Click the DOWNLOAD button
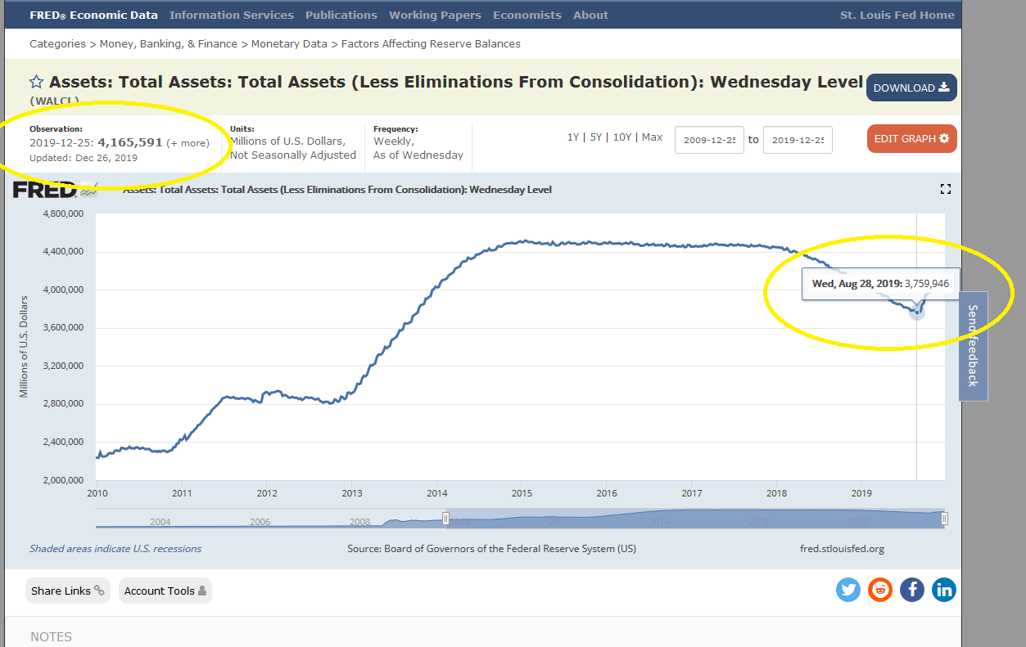tap(911, 88)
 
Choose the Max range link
tap(652, 137)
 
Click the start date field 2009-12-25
tap(709, 140)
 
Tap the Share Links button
tap(68, 591)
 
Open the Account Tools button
tap(165, 591)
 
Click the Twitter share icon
tap(848, 589)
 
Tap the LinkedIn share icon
tap(944, 589)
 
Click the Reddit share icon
tap(880, 589)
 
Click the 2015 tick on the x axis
tap(522, 493)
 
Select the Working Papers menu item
tap(435, 15)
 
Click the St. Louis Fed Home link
tap(897, 15)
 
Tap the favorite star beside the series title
tap(37, 82)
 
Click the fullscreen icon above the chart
tap(946, 189)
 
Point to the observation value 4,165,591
tap(130, 142)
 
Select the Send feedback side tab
tap(973, 345)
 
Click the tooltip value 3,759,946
tap(927, 283)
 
